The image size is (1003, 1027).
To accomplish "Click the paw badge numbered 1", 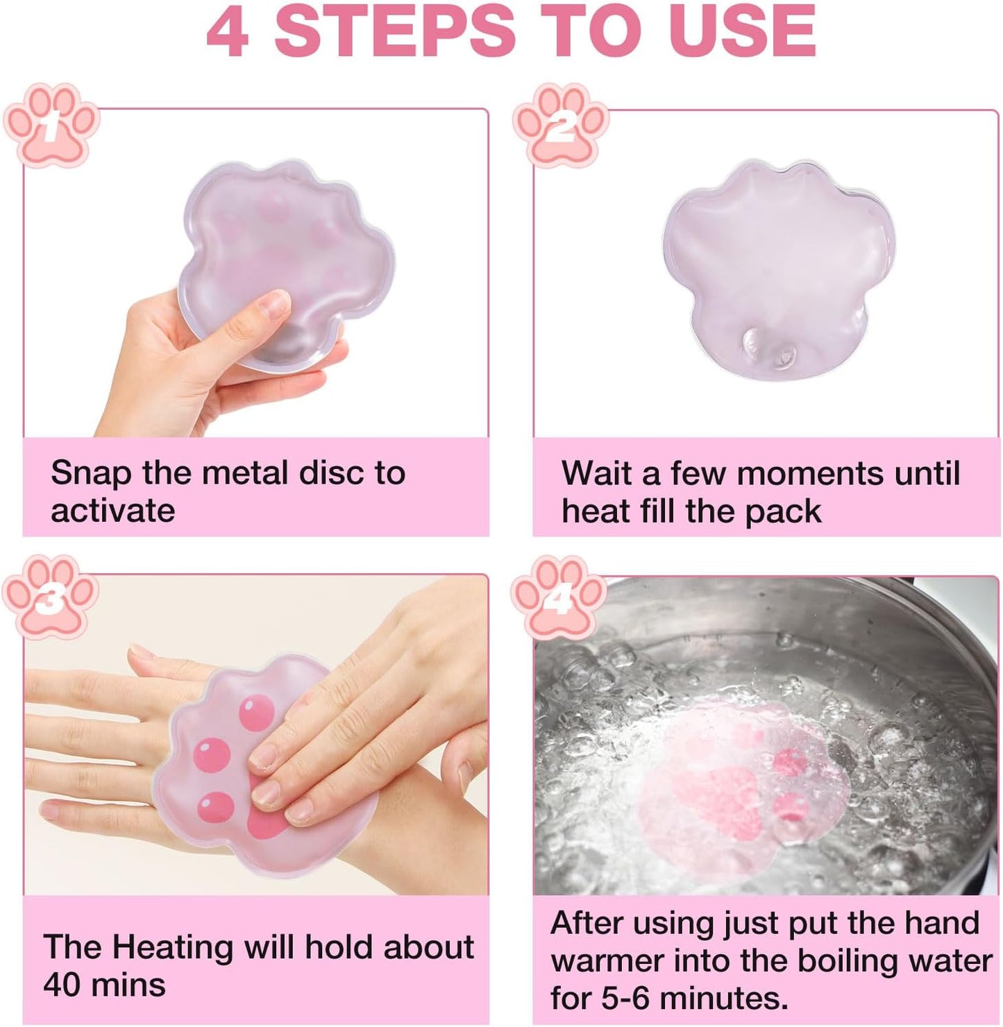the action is click(51, 125).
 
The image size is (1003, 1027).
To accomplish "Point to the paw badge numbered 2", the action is click(561, 126).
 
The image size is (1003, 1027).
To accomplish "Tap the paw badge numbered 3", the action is click(50, 597).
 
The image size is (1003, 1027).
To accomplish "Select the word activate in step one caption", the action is click(112, 511).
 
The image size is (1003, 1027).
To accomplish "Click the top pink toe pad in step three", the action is click(257, 713).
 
